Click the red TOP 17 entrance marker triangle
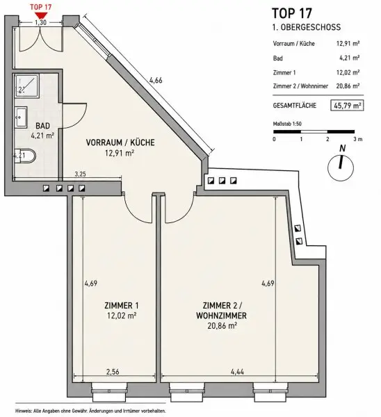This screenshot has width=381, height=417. (41, 15)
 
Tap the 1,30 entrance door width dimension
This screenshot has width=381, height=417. (41, 23)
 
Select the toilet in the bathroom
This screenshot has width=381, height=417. (25, 156)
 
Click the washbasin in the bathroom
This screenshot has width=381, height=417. (21, 117)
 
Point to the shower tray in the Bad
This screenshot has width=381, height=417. (26, 85)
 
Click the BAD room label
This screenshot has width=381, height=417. (43, 126)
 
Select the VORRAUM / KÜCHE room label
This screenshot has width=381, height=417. (120, 142)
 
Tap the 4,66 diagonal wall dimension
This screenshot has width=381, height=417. (156, 80)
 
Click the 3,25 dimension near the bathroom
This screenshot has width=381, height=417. (80, 174)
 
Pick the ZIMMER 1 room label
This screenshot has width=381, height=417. (122, 306)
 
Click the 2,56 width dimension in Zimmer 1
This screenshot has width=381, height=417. (113, 372)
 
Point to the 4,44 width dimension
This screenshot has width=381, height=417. (237, 372)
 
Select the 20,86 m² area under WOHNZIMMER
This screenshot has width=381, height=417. (222, 326)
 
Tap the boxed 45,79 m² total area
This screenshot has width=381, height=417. (347, 106)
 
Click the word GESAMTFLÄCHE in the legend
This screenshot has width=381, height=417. (295, 106)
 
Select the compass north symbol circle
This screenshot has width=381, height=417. (341, 168)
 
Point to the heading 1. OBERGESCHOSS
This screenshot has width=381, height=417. (307, 27)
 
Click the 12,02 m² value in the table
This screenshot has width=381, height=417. (348, 72)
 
